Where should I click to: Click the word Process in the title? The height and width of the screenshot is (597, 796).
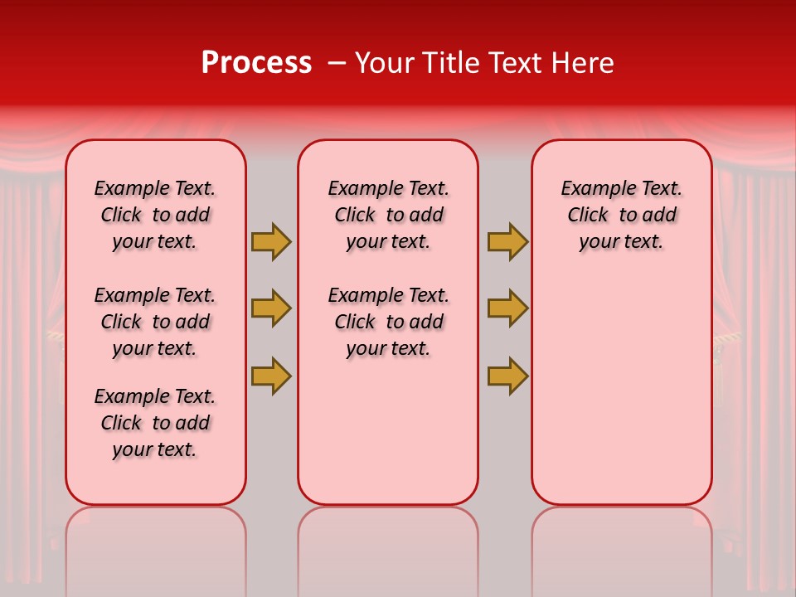[256, 62]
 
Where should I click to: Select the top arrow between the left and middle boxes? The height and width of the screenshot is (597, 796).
[270, 241]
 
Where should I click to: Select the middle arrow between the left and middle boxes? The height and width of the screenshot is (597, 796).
[270, 308]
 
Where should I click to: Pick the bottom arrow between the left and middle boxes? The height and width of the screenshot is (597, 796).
[270, 376]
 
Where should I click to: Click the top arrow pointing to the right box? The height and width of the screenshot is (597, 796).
[507, 241]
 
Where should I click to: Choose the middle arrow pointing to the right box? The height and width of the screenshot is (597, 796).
[507, 308]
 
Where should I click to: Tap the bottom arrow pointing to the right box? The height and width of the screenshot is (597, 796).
[507, 376]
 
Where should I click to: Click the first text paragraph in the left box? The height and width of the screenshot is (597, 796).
[155, 215]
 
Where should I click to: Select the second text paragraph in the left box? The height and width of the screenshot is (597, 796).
[155, 322]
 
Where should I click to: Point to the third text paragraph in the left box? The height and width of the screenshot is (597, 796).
[155, 423]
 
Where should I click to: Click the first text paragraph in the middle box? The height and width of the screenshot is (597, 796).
[388, 215]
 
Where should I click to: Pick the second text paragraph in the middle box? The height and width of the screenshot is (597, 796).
[388, 322]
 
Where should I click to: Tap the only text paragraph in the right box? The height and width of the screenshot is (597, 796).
[621, 215]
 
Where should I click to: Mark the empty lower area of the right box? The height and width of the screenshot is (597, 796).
[621, 390]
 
